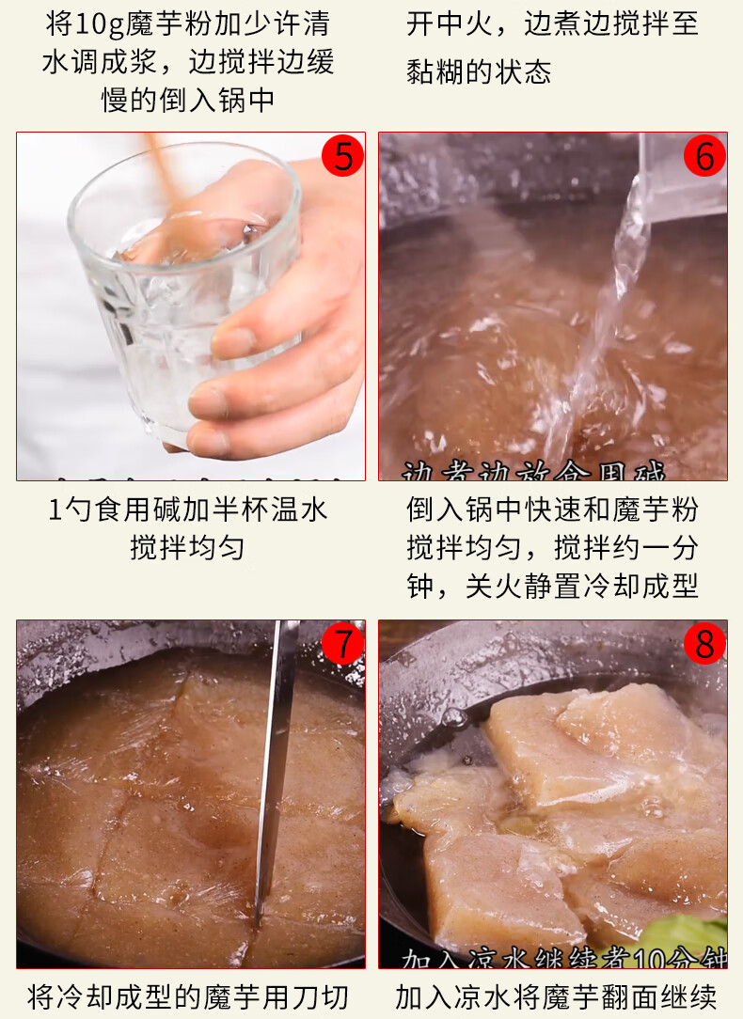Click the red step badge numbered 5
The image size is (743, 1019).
click(x=342, y=156)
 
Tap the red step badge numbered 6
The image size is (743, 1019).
click(x=704, y=156)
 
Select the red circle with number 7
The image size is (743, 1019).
click(x=342, y=644)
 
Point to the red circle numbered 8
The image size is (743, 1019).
click(x=704, y=644)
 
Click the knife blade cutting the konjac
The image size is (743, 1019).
click(x=277, y=771)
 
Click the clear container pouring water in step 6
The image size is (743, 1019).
click(x=682, y=179)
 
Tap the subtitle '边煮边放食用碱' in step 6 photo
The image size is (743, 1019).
click(x=533, y=471)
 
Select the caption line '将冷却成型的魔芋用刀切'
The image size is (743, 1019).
click(x=187, y=996)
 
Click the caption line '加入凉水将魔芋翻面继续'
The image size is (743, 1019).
click(x=555, y=996)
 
